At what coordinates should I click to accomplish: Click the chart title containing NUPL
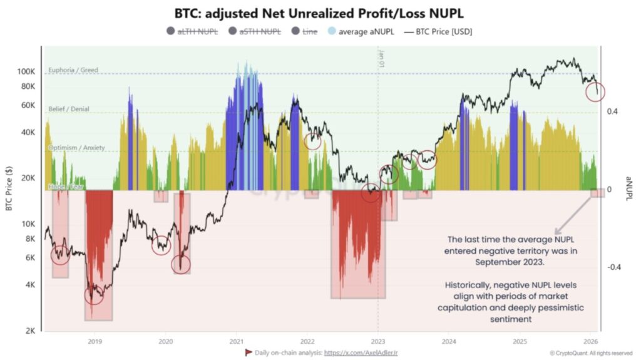pos(320,13)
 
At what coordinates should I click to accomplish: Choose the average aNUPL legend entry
pos(361,32)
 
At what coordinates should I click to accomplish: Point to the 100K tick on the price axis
pos(26,71)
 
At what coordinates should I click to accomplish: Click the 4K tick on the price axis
pos(30,285)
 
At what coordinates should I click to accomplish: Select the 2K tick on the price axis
pos(30,331)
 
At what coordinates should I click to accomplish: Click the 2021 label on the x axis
pos(236,341)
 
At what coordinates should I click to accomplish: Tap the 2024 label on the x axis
pos(448,341)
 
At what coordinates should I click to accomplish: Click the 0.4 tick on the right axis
pos(612,111)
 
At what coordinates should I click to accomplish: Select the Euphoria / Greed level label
pos(73,70)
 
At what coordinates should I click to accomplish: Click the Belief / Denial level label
pos(69,109)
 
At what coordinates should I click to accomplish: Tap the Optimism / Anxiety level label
pos(76,148)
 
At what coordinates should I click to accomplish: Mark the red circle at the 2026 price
pos(595,91)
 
